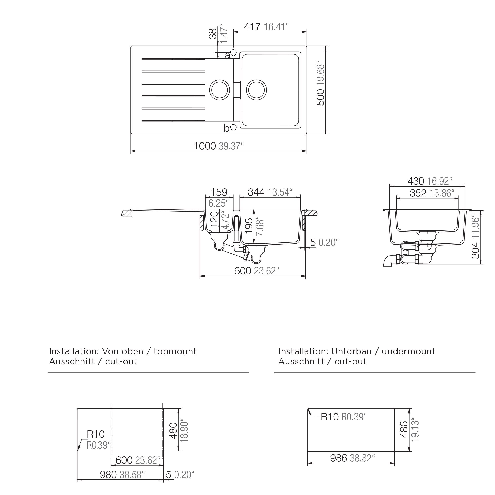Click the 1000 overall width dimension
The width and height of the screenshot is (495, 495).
click(x=205, y=146)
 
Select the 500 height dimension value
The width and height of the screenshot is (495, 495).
click(x=321, y=97)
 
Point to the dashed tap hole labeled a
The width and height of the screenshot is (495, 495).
click(x=233, y=53)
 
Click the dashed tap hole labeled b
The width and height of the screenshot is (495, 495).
click(x=233, y=127)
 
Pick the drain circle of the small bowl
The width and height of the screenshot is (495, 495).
click(x=220, y=90)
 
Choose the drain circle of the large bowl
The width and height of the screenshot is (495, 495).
click(x=256, y=90)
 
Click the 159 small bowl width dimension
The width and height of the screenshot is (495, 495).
click(x=219, y=192)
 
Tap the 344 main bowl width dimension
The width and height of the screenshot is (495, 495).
click(x=256, y=192)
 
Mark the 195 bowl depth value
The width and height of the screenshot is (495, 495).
click(x=249, y=226)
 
